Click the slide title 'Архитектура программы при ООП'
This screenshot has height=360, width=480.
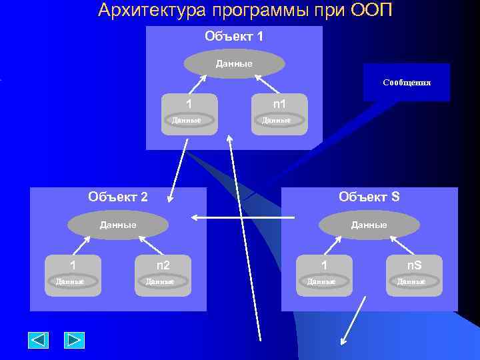coord(245,11)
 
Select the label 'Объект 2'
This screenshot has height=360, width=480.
coord(118,197)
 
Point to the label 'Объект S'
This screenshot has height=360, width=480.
coord(369,197)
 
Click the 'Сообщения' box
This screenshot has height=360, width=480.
coord(407,83)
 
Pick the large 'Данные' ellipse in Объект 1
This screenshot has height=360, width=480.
coord(234,64)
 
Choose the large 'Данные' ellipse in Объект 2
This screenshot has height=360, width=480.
coord(118,225)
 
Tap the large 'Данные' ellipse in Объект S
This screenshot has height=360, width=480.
coord(369,225)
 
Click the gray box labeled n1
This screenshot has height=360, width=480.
coord(280,113)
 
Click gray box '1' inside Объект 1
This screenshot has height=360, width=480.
coord(190,113)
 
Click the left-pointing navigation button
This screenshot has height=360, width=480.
coord(38,341)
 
